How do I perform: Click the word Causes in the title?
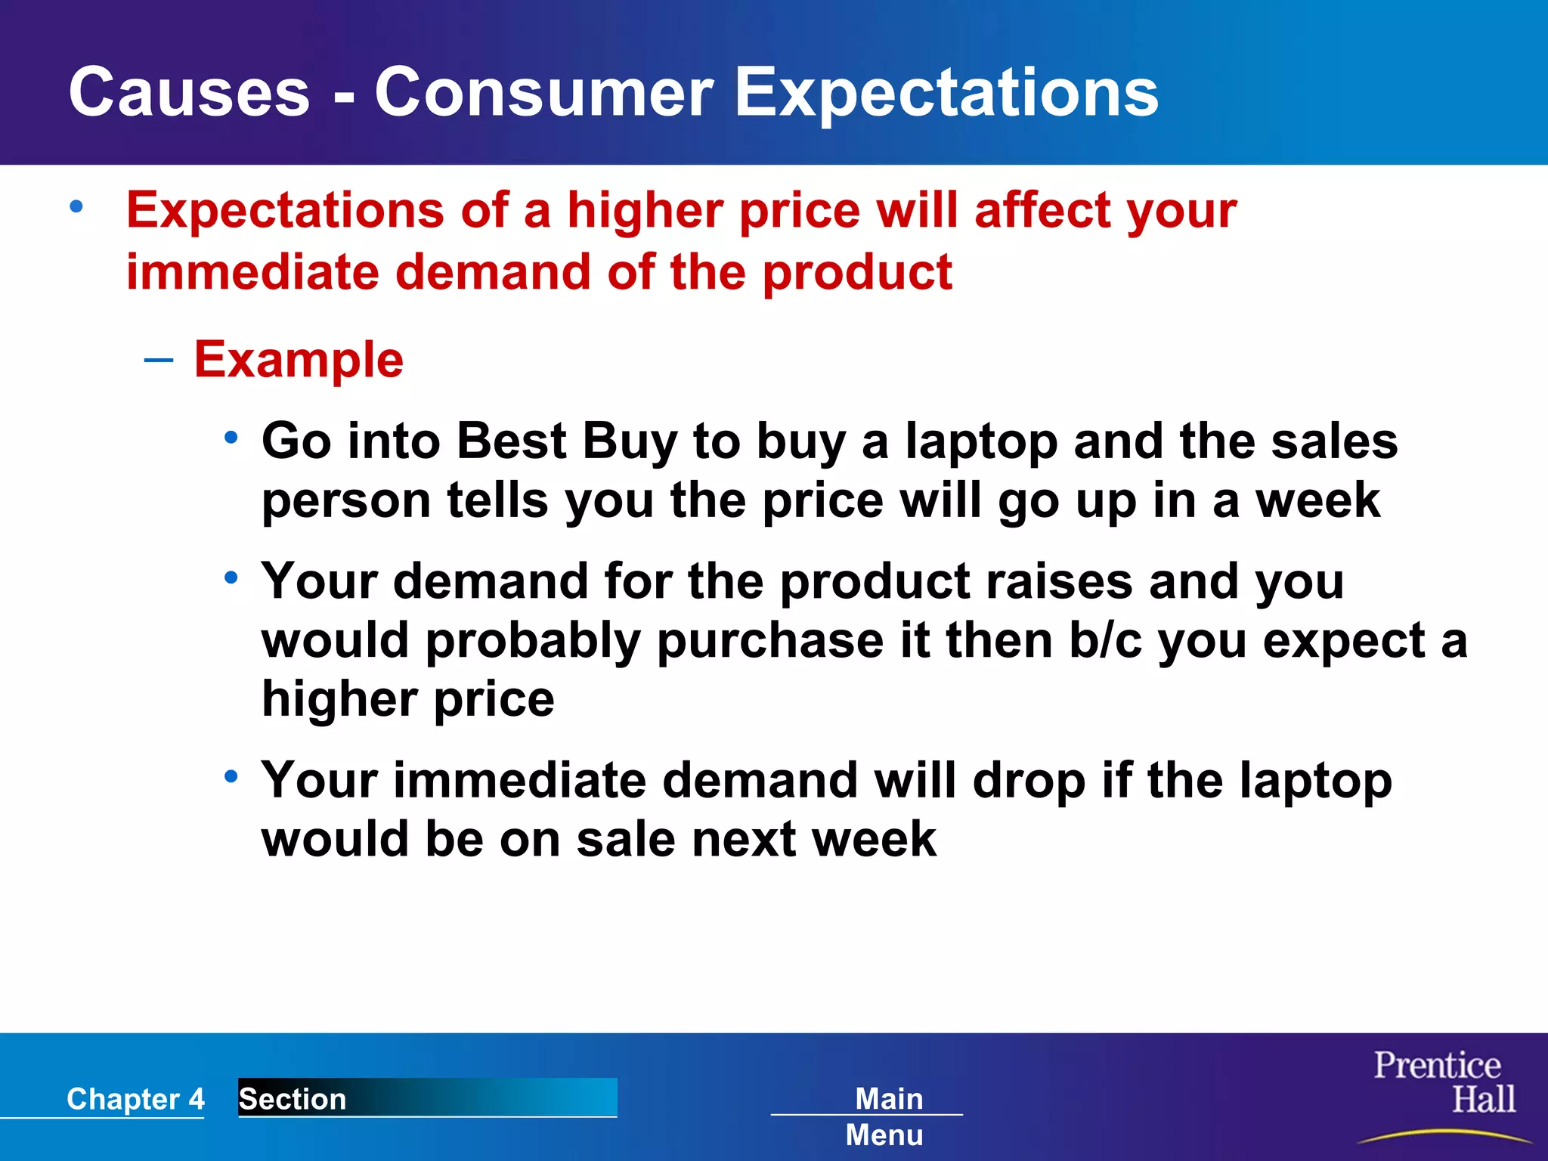click(189, 92)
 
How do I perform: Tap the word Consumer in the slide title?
click(543, 92)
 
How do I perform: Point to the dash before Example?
click(158, 360)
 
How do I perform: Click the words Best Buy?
click(566, 441)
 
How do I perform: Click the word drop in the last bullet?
click(1029, 781)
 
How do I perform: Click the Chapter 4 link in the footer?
click(135, 1098)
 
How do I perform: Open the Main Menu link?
click(886, 1116)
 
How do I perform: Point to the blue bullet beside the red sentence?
click(76, 206)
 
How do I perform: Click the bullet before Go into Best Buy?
click(231, 438)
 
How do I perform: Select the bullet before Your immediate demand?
click(231, 776)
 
